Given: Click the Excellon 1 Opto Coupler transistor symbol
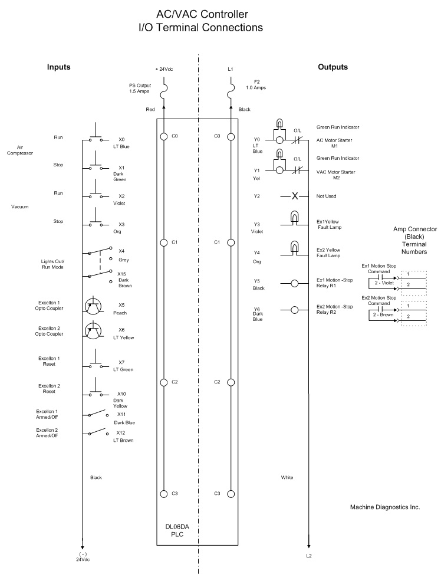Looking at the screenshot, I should coord(93,305).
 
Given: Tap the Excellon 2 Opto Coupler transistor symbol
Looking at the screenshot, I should coord(93,331).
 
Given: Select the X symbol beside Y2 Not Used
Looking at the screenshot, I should coord(294,196).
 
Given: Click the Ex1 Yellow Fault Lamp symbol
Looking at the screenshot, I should coord(294,219).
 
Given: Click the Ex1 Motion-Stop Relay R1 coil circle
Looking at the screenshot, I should coord(294,283).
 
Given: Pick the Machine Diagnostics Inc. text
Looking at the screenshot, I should coord(384,507).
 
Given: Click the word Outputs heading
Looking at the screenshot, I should coord(333,67).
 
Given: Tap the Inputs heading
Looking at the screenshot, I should coord(59,67).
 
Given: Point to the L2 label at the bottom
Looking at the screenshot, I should coord(310,556).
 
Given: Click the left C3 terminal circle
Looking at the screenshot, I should coord(164,493).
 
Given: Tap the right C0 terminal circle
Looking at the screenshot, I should coord(231,136).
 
